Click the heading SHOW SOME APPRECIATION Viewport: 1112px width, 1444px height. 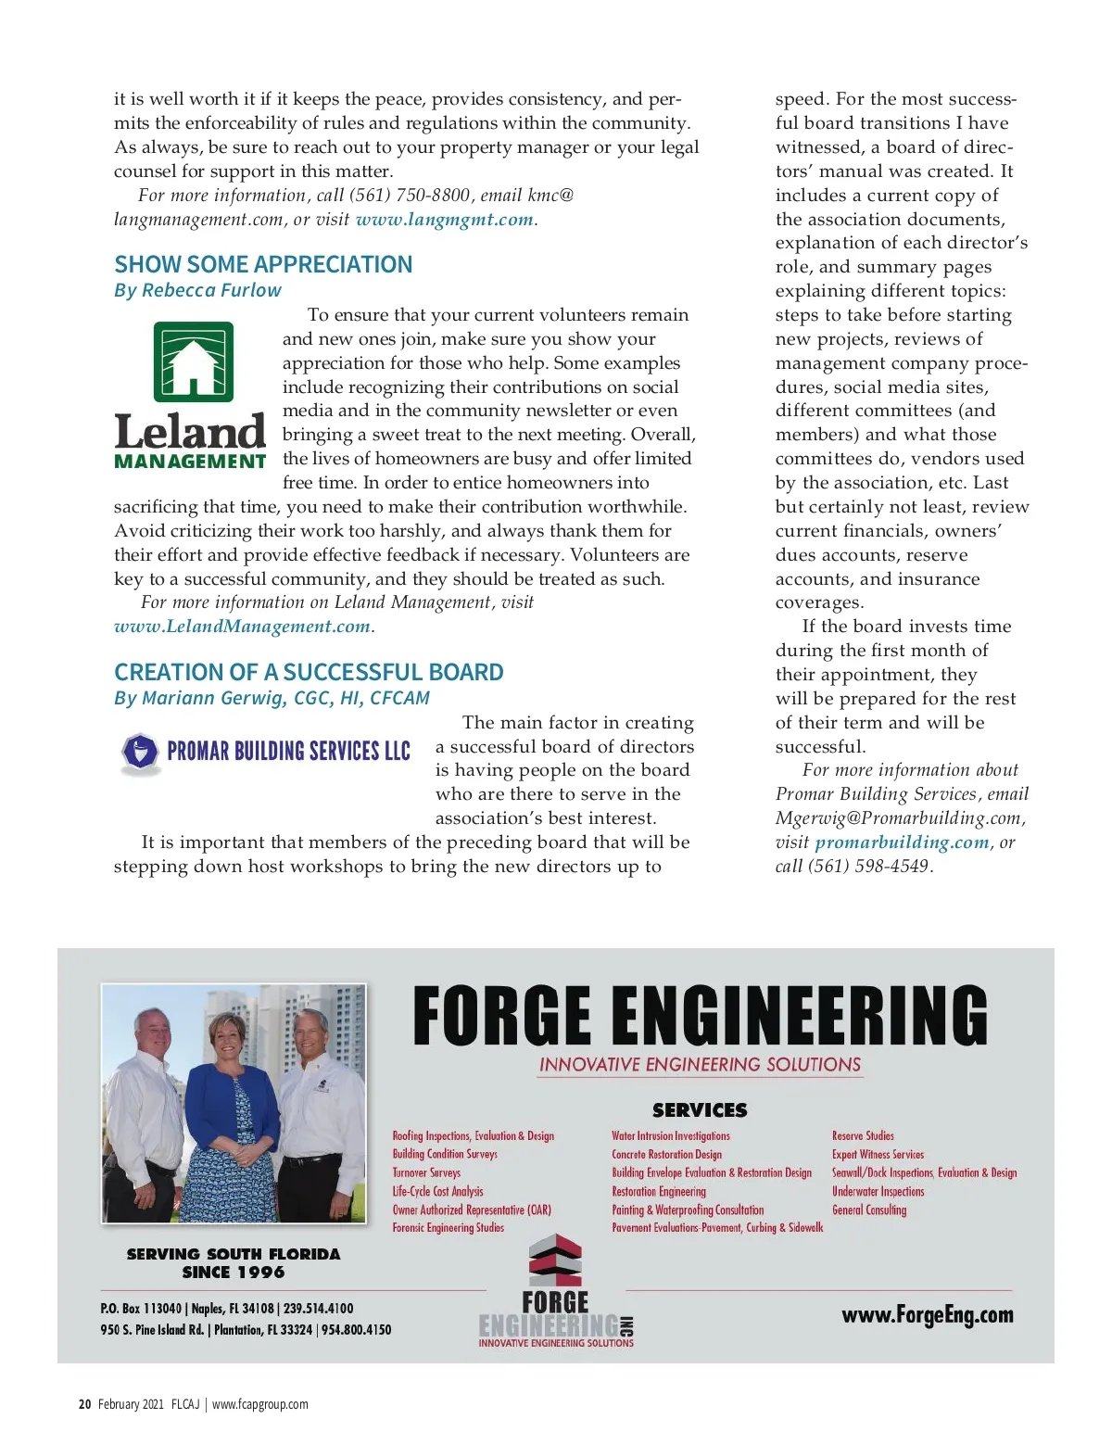263,265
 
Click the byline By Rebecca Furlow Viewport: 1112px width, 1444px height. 197,290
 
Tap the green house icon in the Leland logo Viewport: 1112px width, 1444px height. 193,361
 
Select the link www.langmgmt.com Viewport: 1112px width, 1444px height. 444,220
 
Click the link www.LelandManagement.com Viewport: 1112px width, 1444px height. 242,627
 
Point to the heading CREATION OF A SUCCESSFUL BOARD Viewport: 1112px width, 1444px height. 309,673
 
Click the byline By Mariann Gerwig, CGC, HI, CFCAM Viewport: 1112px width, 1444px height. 272,698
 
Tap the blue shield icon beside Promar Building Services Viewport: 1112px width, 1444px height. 141,752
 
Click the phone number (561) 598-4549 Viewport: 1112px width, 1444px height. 868,867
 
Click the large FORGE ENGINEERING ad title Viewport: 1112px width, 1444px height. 700,1016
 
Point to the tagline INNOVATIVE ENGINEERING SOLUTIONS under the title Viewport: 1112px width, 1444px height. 701,1065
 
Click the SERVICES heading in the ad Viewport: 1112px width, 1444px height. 700,1110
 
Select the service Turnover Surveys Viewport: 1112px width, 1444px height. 426,1172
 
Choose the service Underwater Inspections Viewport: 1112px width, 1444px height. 878,1191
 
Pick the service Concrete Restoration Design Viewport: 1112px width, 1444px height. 666,1154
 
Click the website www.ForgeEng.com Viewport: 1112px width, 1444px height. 928,1315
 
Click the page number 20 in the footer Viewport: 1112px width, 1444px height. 84,1404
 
